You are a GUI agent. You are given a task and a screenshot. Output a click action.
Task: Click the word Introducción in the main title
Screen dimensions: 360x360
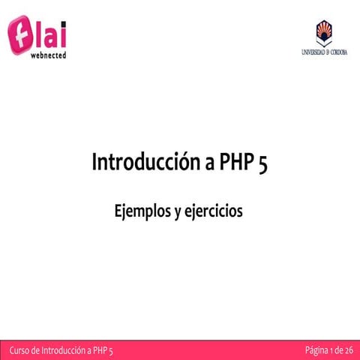coord(139,163)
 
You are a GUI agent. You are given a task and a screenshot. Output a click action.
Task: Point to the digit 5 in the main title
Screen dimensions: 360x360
coord(262,163)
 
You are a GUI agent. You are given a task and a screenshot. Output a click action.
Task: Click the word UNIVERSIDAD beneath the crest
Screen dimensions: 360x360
coord(307,52)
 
